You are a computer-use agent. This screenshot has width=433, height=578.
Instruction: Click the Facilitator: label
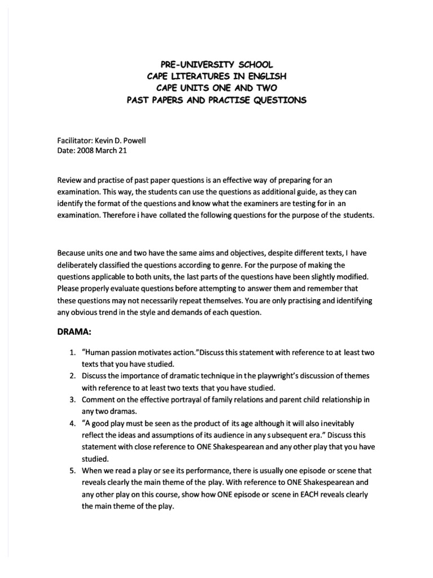76,139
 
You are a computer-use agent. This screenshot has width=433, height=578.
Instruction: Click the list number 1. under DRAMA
73,353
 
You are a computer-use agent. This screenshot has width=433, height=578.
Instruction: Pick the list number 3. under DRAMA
73,400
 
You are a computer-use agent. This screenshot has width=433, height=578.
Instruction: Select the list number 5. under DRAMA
73,470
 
